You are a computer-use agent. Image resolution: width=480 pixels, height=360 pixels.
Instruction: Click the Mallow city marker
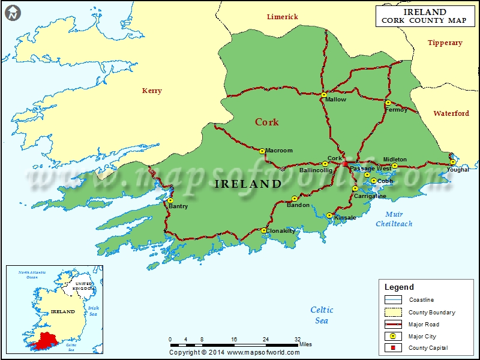pos(324,95)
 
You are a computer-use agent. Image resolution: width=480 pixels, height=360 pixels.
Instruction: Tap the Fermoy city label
pos(396,110)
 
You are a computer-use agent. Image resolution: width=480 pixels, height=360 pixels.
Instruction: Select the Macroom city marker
pos(262,151)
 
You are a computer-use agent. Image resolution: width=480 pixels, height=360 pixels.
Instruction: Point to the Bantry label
pos(178,206)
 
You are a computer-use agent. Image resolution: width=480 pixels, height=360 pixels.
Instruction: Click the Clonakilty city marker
pos(264,230)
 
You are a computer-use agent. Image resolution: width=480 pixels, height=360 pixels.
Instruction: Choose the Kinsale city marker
pos(329,215)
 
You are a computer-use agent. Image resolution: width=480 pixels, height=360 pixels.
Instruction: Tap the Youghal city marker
pos(452,163)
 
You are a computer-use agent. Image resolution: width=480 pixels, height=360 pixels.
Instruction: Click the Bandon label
pos(298,205)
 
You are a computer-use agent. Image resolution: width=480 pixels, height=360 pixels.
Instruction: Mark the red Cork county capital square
pos(344,163)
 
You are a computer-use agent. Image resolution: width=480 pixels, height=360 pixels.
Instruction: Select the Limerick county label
pos(282,17)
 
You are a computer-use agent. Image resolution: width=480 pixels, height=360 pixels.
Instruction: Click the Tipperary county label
pos(445,43)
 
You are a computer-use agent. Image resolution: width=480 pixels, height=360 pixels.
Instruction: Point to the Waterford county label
pos(451,113)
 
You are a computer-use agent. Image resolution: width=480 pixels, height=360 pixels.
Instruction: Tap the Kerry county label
pos(152,91)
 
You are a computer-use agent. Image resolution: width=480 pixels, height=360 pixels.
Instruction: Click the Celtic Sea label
pos(322,315)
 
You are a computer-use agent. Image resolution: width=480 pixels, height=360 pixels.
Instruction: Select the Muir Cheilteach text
pos(394,219)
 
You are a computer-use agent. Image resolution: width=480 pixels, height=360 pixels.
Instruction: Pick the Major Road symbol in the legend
pos(394,325)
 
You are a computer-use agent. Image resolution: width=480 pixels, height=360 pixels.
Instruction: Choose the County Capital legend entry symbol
pos(394,348)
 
